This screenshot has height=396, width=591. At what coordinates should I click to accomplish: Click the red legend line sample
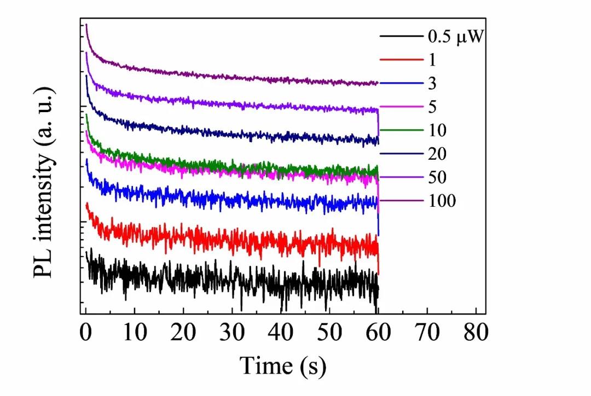click(x=401, y=60)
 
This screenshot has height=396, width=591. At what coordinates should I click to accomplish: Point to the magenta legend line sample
click(x=401, y=107)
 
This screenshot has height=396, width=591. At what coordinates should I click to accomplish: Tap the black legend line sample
click(x=401, y=37)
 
